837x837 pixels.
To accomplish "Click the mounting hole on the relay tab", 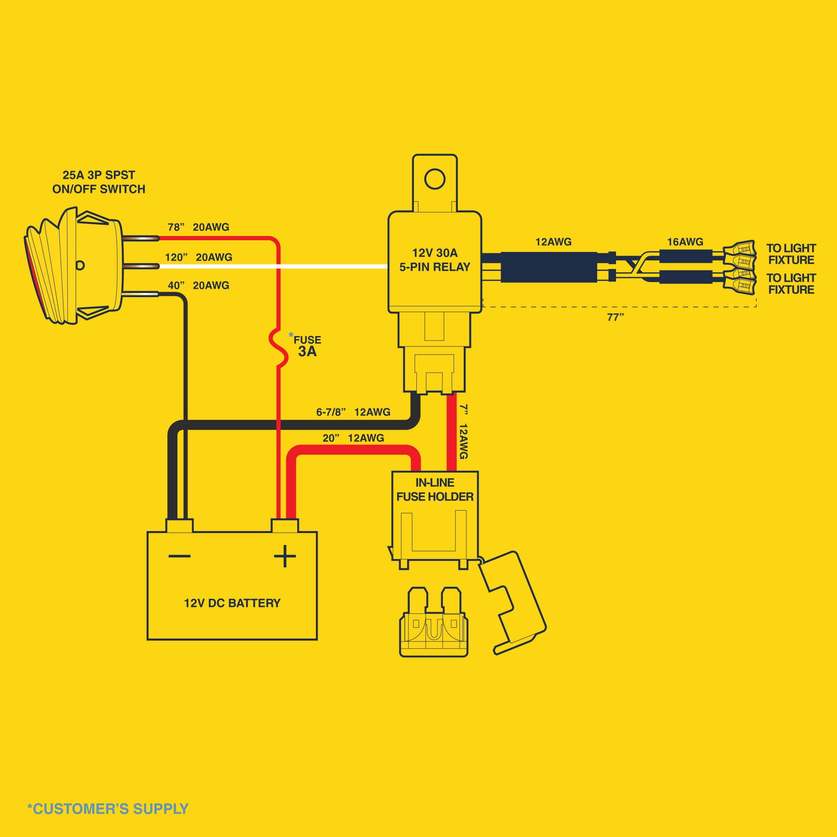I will pyautogui.click(x=434, y=179).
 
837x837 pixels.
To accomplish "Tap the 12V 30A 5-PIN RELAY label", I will pyautogui.click(x=434, y=260).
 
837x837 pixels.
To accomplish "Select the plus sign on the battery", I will pyautogui.click(x=285, y=556).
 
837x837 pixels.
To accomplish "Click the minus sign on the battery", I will pyautogui.click(x=180, y=556).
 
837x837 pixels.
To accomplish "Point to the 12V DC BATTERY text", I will pyautogui.click(x=232, y=603).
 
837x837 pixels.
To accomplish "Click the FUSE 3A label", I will pyautogui.click(x=307, y=346).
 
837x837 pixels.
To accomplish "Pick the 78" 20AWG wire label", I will pyautogui.click(x=198, y=227).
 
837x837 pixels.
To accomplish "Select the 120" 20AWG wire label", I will pyautogui.click(x=198, y=257).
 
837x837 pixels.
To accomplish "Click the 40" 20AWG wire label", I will pyautogui.click(x=198, y=285).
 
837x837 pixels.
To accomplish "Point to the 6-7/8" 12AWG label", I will pyautogui.click(x=353, y=412).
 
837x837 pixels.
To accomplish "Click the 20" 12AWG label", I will pyautogui.click(x=353, y=438).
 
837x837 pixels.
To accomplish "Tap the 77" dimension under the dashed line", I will pyautogui.click(x=615, y=318).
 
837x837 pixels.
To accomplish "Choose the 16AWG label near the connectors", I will pyautogui.click(x=685, y=242).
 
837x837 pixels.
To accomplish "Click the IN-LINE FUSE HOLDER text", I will pyautogui.click(x=434, y=490).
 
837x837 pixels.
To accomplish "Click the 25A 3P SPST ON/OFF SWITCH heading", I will pyautogui.click(x=99, y=182).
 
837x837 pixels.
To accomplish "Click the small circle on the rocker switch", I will pyautogui.click(x=80, y=265).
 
